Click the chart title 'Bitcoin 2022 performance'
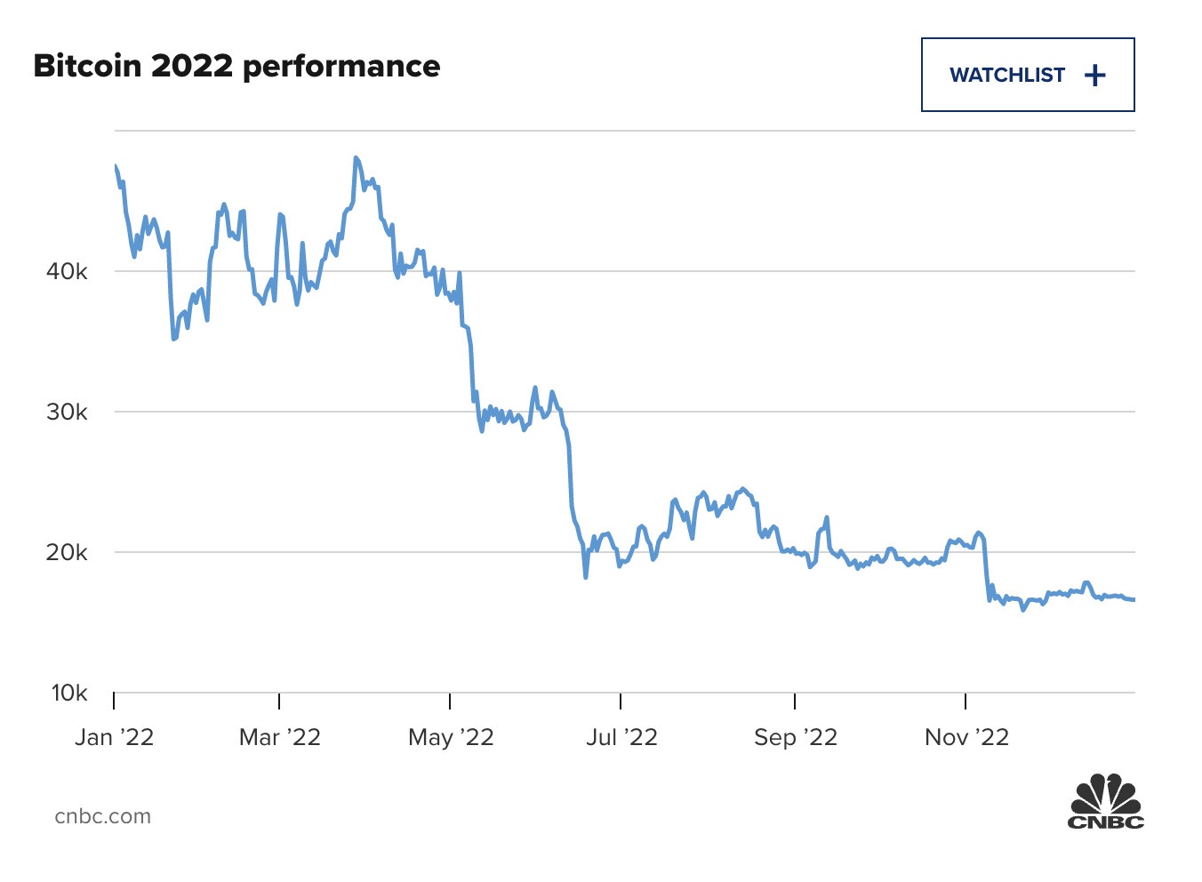[236, 67]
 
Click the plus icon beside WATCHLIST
[1095, 76]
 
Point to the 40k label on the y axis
[67, 272]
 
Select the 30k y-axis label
[67, 413]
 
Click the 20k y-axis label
[67, 553]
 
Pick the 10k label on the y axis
[68, 694]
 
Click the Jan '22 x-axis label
[114, 738]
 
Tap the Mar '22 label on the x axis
[279, 738]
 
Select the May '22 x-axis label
[450, 738]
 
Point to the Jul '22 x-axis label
[621, 738]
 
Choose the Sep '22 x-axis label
[795, 738]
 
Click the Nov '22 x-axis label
[966, 738]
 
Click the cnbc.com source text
[102, 816]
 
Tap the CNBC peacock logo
[1105, 802]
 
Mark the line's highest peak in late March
[356, 158]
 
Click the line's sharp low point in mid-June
[586, 577]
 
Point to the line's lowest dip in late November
[1023, 610]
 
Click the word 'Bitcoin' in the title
[87, 67]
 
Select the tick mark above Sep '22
[795, 702]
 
